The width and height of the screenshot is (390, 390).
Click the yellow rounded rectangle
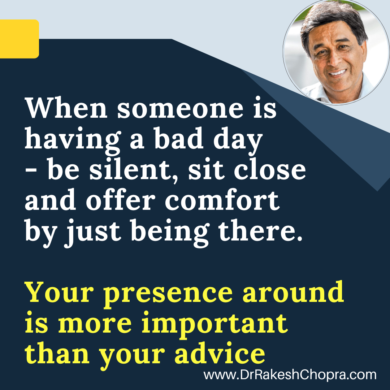tap(19, 39)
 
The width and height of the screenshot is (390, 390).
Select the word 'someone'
tap(180, 109)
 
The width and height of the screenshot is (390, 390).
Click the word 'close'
tap(270, 169)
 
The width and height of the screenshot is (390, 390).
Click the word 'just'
tap(92, 232)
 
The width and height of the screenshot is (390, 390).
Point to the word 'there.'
tap(260, 230)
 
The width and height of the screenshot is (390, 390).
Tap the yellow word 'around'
tap(293, 291)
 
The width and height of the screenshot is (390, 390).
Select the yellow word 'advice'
tap(220, 353)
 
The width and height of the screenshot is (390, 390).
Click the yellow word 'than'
tap(57, 353)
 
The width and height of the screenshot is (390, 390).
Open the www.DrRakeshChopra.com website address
tap(290, 374)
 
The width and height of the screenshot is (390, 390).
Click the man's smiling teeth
tap(337, 73)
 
